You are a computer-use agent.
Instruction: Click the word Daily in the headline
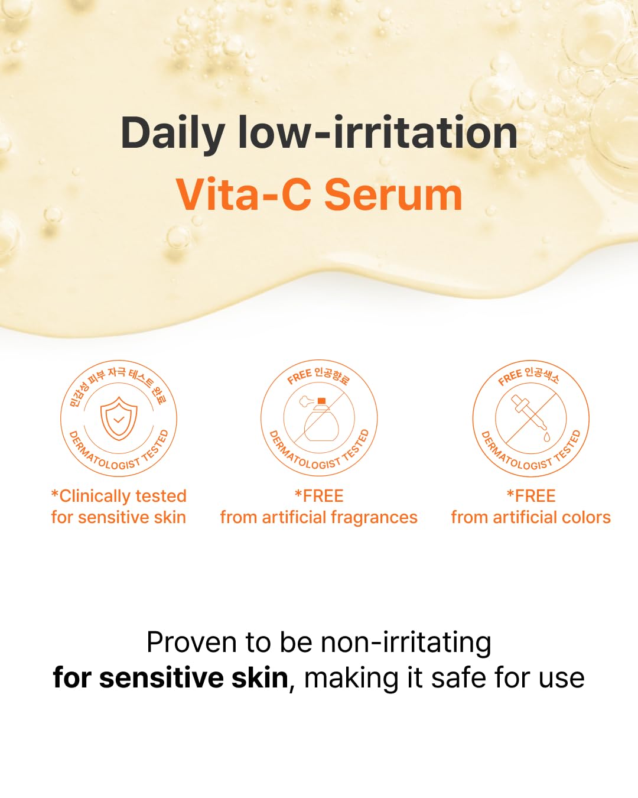(172, 134)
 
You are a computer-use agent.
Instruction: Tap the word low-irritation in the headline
(378, 132)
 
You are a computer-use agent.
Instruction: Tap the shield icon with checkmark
(119, 418)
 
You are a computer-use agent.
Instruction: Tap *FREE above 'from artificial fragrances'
(319, 496)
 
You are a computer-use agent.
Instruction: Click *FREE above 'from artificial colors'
(531, 496)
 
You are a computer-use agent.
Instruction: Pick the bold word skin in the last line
(259, 678)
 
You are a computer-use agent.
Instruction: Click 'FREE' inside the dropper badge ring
(510, 377)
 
